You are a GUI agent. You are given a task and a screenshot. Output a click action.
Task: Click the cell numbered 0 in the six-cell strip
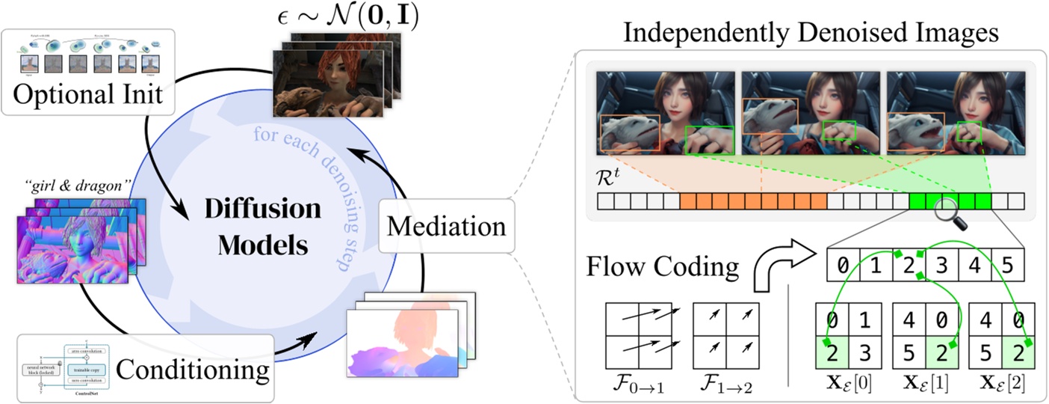coord(843,265)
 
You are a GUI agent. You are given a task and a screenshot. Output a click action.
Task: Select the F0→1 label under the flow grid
coord(640,387)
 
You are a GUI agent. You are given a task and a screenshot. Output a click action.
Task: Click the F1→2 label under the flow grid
coord(725,387)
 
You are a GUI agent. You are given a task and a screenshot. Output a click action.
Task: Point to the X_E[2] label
coord(1000,387)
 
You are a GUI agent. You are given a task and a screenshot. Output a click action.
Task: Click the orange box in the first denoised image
coord(628,132)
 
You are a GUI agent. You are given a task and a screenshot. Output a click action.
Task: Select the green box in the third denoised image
coord(969,130)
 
